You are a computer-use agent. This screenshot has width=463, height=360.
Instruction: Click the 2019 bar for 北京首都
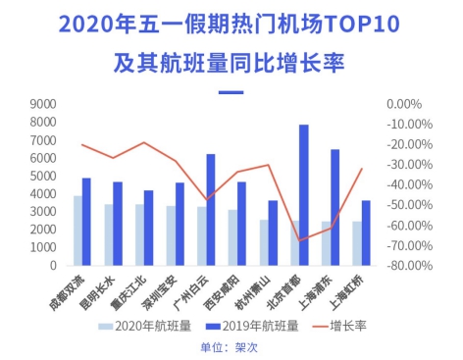(x=304, y=195)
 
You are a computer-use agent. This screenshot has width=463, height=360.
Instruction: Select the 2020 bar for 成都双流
(x=77, y=231)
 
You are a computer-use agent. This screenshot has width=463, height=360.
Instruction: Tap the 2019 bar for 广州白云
(x=211, y=210)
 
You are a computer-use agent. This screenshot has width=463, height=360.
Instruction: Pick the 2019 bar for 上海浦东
(x=334, y=207)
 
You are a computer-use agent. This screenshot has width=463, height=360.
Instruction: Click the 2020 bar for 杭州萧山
(x=264, y=242)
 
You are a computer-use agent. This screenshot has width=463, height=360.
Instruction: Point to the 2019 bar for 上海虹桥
(x=366, y=232)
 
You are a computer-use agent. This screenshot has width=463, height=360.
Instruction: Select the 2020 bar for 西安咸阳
(x=232, y=237)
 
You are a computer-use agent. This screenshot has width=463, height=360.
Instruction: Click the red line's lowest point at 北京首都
(x=299, y=240)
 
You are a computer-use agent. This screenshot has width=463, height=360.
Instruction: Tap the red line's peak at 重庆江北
(x=144, y=142)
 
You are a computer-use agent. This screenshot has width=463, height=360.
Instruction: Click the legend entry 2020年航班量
(x=145, y=326)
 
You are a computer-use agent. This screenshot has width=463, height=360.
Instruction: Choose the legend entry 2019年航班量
(x=252, y=326)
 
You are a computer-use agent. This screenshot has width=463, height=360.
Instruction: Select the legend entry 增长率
(x=339, y=326)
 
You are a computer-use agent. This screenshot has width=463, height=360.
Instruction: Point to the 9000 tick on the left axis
(x=43, y=104)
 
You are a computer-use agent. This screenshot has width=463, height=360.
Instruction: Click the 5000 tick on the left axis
(x=43, y=176)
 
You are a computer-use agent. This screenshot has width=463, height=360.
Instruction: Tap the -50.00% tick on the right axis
(x=410, y=205)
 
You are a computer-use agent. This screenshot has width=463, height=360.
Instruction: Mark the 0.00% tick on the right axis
(x=404, y=104)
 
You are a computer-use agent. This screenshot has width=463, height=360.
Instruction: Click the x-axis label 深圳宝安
(x=160, y=292)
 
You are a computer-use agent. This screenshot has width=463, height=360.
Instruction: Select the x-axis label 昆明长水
(x=98, y=292)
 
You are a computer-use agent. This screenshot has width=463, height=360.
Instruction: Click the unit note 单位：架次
(x=230, y=347)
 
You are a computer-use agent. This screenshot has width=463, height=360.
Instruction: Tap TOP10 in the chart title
(x=361, y=24)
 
